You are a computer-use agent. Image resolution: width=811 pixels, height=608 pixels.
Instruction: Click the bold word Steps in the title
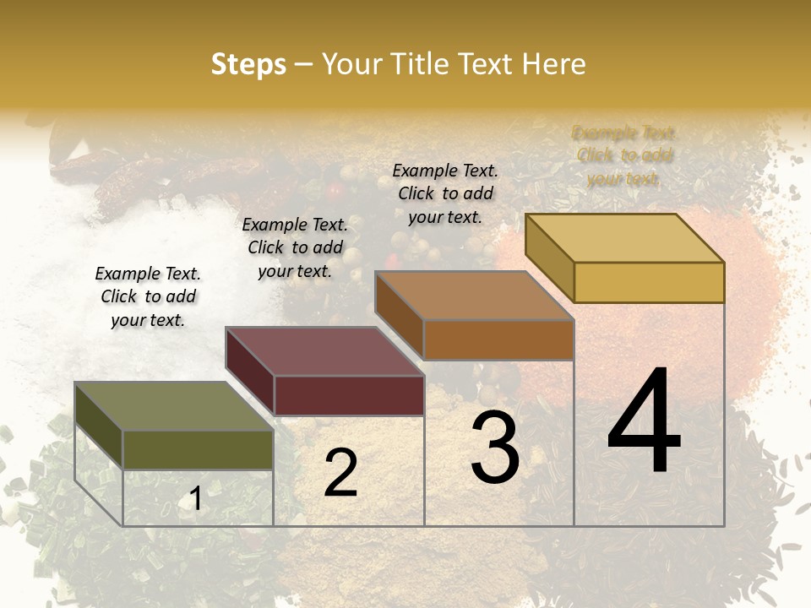pyautogui.click(x=248, y=65)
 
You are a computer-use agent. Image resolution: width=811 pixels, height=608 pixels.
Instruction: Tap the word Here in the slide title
pyautogui.click(x=553, y=64)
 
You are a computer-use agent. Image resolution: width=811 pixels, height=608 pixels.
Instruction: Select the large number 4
pyautogui.click(x=644, y=421)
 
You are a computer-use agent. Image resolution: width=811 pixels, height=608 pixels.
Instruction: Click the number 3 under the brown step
pyautogui.click(x=494, y=448)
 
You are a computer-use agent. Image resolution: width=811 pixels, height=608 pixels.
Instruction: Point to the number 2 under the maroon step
pyautogui.click(x=340, y=473)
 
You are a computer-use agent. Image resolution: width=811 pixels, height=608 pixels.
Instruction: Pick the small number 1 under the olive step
pyautogui.click(x=196, y=499)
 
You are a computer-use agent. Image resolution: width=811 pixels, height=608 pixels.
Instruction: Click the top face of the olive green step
pyautogui.click(x=173, y=406)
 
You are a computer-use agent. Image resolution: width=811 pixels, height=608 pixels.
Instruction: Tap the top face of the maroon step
pyautogui.click(x=324, y=351)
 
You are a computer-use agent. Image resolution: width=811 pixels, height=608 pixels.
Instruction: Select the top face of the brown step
pyautogui.click(x=474, y=296)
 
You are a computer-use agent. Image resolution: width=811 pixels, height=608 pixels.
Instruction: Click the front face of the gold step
pyautogui.click(x=649, y=282)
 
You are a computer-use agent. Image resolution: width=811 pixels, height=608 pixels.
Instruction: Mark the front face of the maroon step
pyautogui.click(x=348, y=395)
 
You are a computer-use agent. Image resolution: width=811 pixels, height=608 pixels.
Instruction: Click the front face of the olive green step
pyautogui.click(x=198, y=449)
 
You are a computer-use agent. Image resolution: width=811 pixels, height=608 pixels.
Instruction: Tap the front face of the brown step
pyautogui.click(x=498, y=339)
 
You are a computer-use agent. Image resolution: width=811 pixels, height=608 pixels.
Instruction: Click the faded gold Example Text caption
pyautogui.click(x=624, y=155)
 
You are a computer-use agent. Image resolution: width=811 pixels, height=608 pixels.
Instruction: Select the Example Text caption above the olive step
pyautogui.click(x=148, y=296)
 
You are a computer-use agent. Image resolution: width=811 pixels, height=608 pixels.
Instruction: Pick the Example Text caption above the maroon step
pyautogui.click(x=295, y=247)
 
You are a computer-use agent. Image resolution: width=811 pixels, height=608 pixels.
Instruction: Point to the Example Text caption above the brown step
pyautogui.click(x=445, y=193)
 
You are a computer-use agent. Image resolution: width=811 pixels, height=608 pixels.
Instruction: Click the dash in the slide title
pyautogui.click(x=303, y=65)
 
